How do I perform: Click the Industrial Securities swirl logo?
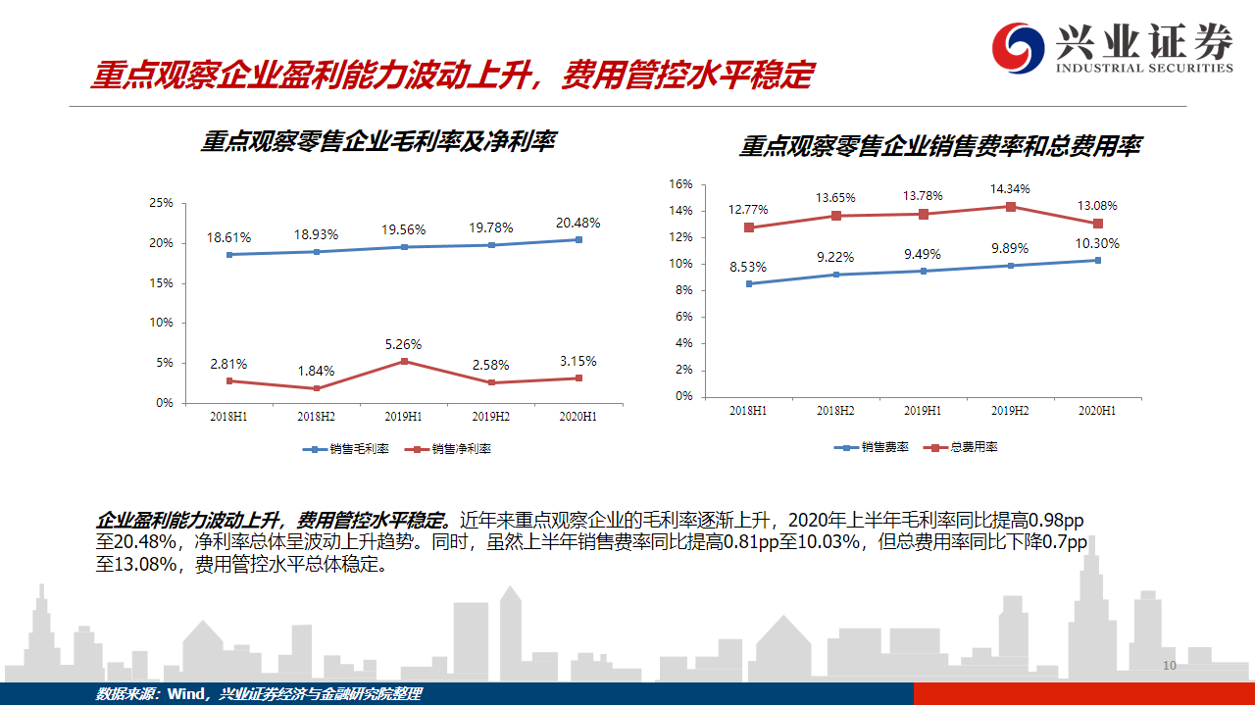1018,48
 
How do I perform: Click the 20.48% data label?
577,223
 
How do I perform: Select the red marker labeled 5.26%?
404,362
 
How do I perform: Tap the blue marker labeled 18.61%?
229,255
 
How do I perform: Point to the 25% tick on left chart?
162,203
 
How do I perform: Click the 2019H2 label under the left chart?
491,417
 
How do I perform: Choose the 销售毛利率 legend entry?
346,449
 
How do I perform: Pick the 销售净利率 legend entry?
448,449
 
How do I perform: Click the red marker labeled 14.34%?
1011,207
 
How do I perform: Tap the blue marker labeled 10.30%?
1097,260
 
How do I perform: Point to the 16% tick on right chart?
680,184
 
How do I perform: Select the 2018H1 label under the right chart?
748,411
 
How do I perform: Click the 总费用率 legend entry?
961,447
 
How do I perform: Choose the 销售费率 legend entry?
872,447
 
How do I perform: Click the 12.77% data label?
748,210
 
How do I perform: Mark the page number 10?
1170,665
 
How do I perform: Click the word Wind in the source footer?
186,694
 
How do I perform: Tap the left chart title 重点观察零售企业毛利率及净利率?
378,141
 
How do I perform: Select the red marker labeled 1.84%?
317,388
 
